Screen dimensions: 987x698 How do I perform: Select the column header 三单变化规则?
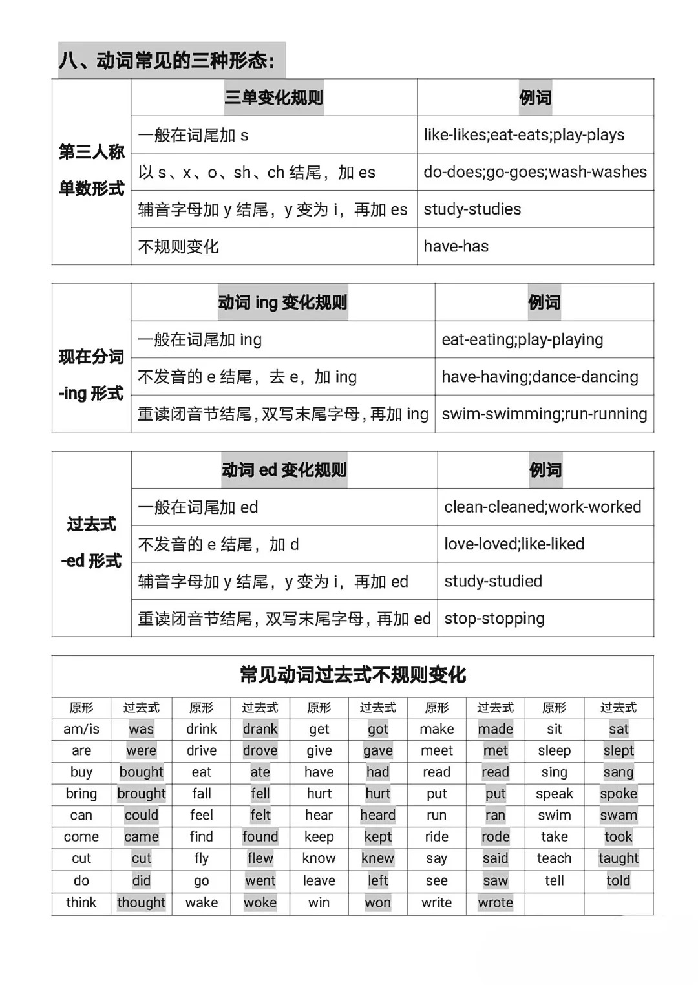tap(274, 98)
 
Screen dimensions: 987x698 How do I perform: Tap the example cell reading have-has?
tap(456, 246)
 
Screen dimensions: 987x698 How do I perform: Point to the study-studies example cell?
tap(472, 209)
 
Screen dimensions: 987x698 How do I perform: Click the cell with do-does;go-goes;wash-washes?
tap(535, 173)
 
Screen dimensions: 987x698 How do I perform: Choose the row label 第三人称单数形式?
tap(92, 171)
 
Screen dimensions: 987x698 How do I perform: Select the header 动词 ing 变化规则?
tap(282, 302)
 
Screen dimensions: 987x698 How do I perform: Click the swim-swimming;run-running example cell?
tap(544, 414)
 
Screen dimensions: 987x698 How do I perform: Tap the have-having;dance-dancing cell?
tap(540, 377)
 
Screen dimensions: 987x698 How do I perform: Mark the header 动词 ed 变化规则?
tap(284, 470)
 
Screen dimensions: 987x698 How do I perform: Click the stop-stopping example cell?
tap(494, 619)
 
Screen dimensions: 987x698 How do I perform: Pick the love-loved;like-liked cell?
tap(514, 544)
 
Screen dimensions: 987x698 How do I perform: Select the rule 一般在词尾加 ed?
tap(198, 507)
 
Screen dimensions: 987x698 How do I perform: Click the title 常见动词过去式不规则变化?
tap(353, 675)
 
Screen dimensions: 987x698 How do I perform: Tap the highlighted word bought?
tap(142, 772)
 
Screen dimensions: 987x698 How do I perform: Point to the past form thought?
tap(142, 903)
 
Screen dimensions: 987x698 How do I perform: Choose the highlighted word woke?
tap(260, 903)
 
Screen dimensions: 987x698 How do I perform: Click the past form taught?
tap(619, 858)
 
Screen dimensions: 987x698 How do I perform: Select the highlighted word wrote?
tap(496, 903)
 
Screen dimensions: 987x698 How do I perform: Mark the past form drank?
tap(260, 729)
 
